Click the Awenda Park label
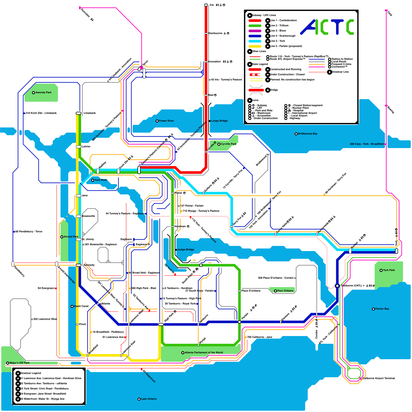(x=43, y=92)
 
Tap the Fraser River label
(x=166, y=121)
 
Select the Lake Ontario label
(x=149, y=399)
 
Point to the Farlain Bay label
(x=382, y=309)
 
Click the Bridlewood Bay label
(x=307, y=134)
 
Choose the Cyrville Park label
(x=228, y=144)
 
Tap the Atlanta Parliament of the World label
(x=204, y=353)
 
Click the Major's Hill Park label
(x=20, y=363)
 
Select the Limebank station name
(x=90, y=113)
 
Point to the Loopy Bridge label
(x=219, y=121)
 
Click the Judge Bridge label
(x=186, y=250)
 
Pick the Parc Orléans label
(x=285, y=291)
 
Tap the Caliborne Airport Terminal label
(x=379, y=378)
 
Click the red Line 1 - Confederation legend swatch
(x=255, y=21)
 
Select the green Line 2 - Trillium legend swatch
(x=255, y=26)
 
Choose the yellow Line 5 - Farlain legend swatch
(x=255, y=46)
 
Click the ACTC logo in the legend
(x=327, y=27)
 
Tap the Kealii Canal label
(x=81, y=306)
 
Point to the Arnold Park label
(x=71, y=237)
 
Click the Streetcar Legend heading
(x=30, y=373)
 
